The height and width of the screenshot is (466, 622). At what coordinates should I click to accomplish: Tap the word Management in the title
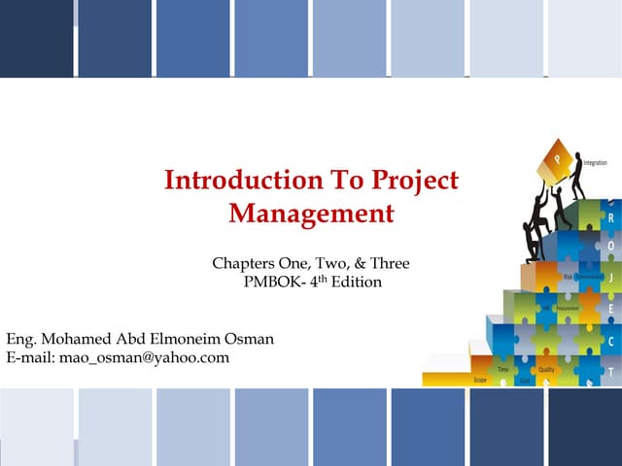coord(311,213)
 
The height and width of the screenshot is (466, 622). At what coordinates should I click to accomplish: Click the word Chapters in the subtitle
coord(244,263)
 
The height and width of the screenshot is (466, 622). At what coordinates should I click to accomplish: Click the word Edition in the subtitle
coord(356,283)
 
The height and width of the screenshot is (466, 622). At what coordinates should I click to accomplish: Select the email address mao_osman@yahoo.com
coord(145,357)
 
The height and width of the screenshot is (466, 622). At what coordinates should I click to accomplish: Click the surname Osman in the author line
coord(249,338)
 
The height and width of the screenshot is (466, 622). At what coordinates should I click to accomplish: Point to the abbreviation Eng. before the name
coord(22,338)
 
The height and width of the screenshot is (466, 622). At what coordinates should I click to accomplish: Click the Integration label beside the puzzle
coord(596,163)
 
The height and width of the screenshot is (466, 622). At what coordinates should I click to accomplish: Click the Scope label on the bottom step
coord(480,381)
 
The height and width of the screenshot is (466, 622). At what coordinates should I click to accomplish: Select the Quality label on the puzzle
coord(546,370)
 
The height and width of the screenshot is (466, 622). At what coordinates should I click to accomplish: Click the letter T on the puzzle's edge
coord(609,372)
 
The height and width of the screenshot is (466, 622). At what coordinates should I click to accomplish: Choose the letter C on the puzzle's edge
coord(609,342)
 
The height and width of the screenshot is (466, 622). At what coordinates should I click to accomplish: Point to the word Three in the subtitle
coord(389,263)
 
